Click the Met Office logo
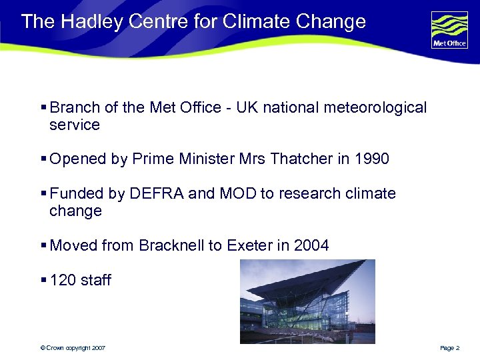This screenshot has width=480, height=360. coord(449,30)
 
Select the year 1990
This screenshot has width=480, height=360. coord(371,159)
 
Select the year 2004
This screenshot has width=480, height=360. coord(311,245)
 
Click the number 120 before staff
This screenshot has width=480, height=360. coord(63,280)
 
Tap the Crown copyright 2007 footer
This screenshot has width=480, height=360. coord(73,348)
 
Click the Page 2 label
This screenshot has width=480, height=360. coord(449,348)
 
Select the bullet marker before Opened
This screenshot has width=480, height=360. coord(43,159)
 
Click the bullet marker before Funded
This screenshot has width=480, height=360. coord(43,193)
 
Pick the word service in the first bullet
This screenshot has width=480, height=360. coord(75,125)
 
